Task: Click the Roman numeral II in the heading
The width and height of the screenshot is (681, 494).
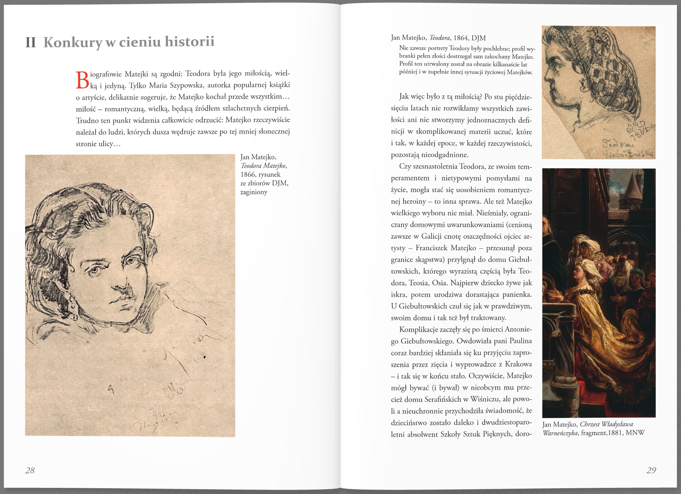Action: point(31,42)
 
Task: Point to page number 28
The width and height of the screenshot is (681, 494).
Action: point(30,470)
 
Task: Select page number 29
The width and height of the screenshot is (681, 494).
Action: point(651,470)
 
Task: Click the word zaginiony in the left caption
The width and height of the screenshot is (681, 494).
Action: point(254,192)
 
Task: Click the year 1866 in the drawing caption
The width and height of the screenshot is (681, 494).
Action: point(247,174)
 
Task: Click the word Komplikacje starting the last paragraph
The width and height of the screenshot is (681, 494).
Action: point(418,329)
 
